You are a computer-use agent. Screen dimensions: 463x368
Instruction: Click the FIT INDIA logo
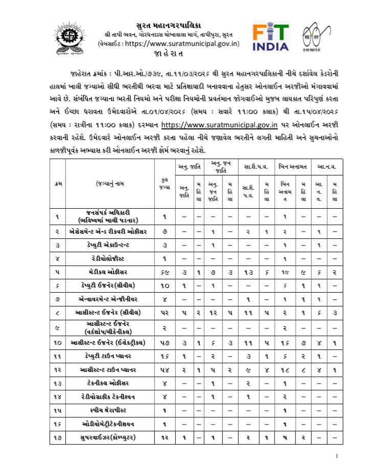[x=270, y=36]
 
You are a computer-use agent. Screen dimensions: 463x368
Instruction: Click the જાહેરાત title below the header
[x=169, y=54]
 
